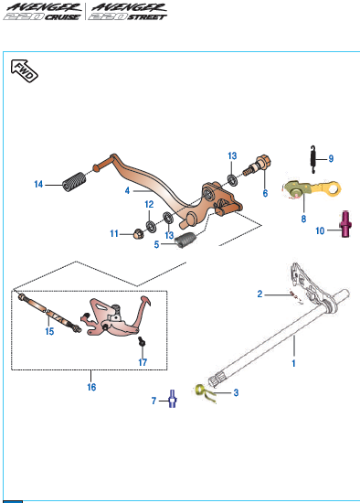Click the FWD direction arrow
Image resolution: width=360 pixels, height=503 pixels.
(x=24, y=71)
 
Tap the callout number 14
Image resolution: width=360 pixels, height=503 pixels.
(x=38, y=184)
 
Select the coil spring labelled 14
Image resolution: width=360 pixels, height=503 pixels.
(x=74, y=182)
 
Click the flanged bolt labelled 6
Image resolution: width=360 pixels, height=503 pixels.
(x=259, y=166)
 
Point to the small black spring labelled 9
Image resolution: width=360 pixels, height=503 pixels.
(x=313, y=159)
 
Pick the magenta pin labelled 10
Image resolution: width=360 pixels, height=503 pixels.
(x=345, y=224)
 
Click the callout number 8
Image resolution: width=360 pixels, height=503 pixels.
(x=303, y=219)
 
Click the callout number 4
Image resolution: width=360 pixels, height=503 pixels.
(x=127, y=190)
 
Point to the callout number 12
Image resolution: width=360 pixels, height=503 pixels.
(x=149, y=204)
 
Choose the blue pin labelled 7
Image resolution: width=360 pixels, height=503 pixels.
(x=173, y=399)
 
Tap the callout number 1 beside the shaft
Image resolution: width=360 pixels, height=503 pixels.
(x=293, y=363)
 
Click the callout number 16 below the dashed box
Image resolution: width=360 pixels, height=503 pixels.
(x=91, y=387)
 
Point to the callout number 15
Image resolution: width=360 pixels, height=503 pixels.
(x=49, y=331)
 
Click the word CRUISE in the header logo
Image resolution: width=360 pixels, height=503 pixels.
(x=62, y=16)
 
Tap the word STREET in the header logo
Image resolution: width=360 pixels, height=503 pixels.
(x=147, y=16)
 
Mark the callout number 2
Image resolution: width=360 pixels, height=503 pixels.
(x=259, y=294)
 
